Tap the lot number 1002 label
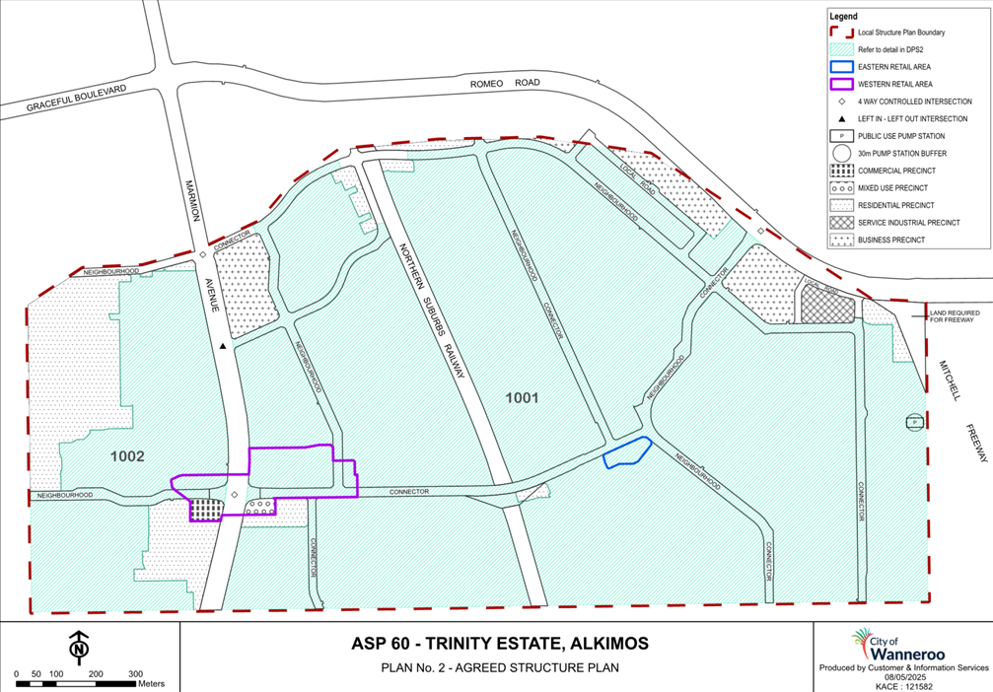pos(127,456)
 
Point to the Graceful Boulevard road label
pos(77,97)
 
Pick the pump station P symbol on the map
pos(914,422)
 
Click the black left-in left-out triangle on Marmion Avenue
pos(224,346)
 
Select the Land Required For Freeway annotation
pos(958,317)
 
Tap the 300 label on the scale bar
pos(136,673)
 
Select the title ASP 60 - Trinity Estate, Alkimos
pos(500,644)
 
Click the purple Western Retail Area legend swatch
pos(841,84)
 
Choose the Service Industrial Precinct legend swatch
pos(841,222)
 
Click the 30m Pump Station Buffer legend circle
pos(841,153)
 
